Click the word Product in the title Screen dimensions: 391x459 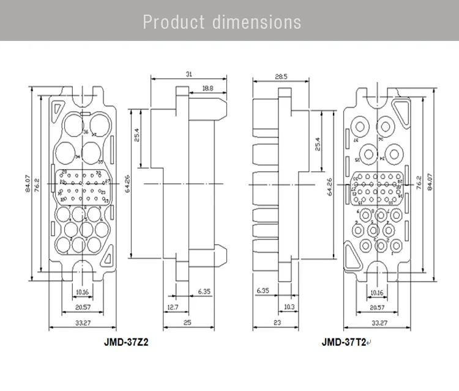tap(174, 22)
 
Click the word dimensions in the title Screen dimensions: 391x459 tap(258, 22)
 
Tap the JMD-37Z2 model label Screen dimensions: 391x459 tap(126, 343)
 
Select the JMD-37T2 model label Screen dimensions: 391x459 tap(344, 343)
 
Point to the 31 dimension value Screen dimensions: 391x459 tap(188, 75)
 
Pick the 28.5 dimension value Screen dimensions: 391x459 tap(281, 78)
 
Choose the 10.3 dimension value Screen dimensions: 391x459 tap(289, 307)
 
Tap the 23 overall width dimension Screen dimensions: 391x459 tap(277, 322)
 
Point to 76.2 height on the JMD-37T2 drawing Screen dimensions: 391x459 tap(419, 183)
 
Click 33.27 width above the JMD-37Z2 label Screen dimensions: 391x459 tap(82, 322)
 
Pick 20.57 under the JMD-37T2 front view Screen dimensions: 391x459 tap(378, 307)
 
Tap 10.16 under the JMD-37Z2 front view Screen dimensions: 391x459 tap(83, 293)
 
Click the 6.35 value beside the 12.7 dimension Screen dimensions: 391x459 tap(204, 292)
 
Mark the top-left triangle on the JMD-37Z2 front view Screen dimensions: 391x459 tap(56, 108)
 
